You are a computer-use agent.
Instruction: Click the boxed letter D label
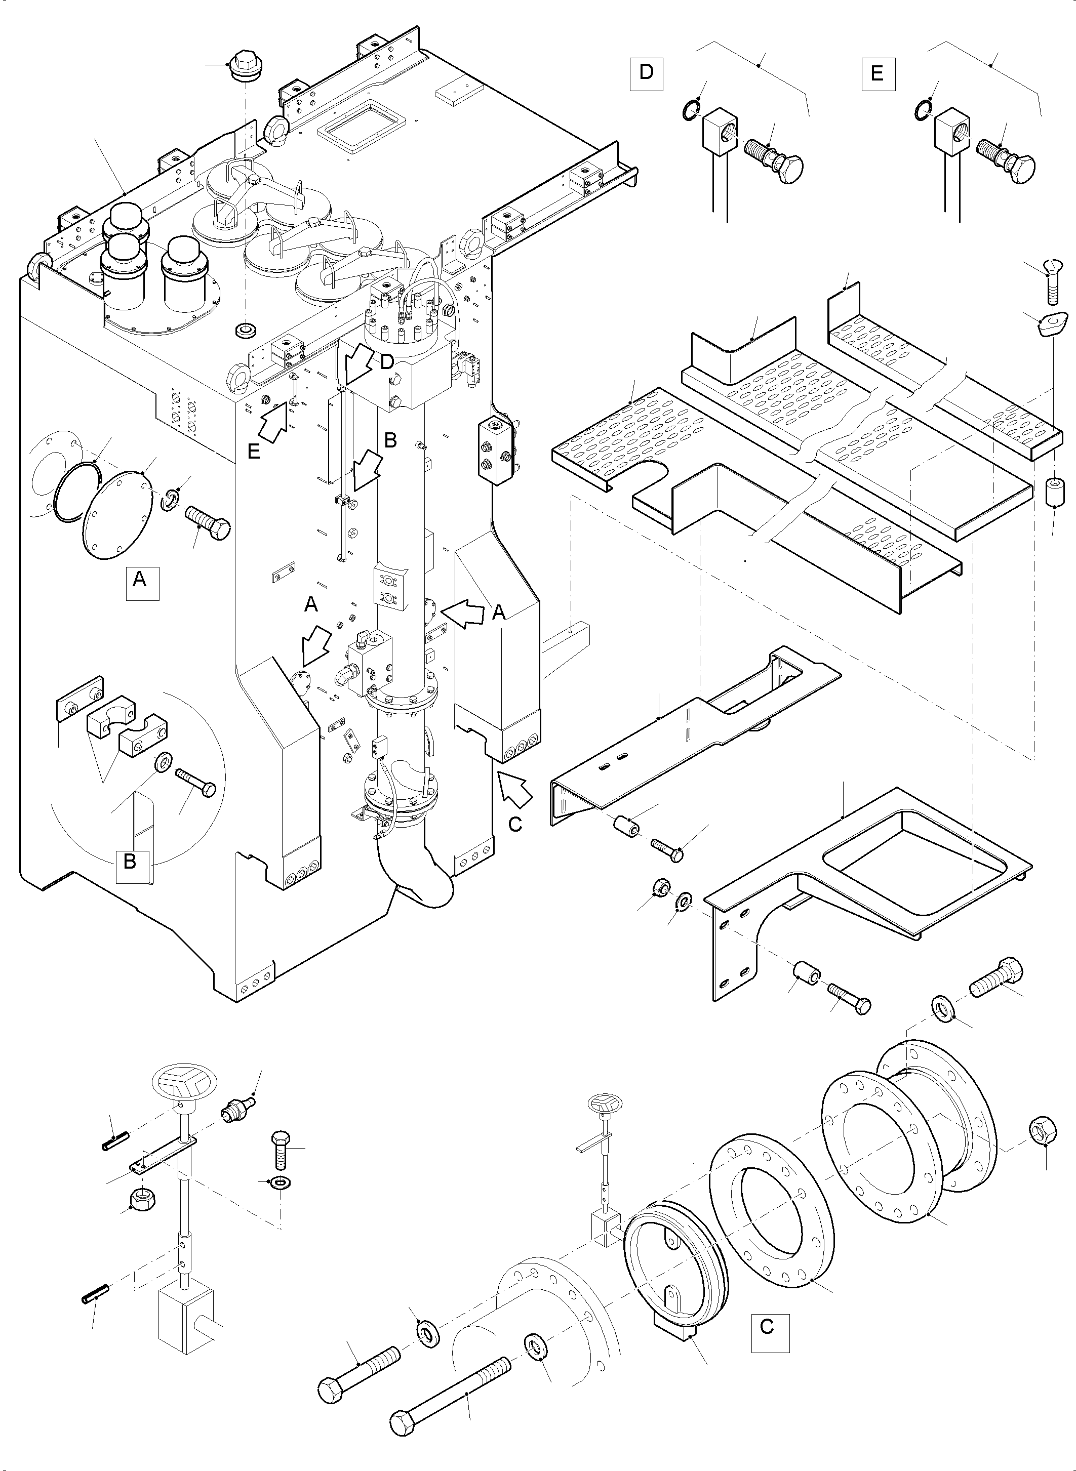coord(646,73)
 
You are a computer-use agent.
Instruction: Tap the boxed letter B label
coord(130,862)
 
